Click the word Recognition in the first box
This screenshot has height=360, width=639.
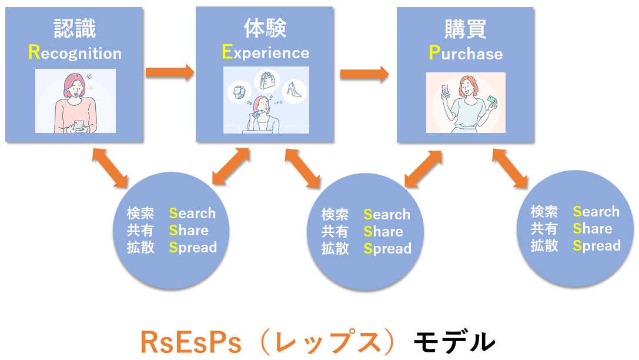(75, 53)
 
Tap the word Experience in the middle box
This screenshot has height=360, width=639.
(266, 52)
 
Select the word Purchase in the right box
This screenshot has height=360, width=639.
(466, 54)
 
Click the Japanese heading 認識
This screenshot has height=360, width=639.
(75, 28)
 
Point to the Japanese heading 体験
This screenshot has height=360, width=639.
(265, 28)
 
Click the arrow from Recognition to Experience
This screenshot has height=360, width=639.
(169, 72)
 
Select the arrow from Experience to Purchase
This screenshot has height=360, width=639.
(364, 74)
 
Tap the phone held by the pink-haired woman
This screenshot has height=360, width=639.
(79, 125)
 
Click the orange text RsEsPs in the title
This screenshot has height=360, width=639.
(190, 342)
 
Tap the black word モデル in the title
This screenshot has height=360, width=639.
(454, 342)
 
